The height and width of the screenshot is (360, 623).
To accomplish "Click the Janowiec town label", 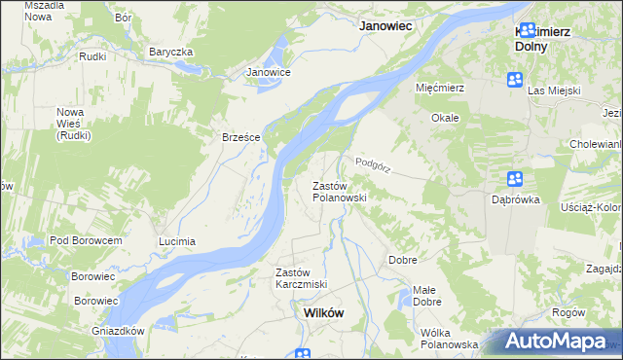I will (x=389, y=27).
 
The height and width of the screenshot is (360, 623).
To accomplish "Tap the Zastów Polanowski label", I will (x=338, y=191).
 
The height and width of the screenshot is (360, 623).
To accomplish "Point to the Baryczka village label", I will (x=171, y=52).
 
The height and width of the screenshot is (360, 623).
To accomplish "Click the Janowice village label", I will (x=269, y=72).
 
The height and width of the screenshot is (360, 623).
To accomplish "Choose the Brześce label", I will (x=240, y=137).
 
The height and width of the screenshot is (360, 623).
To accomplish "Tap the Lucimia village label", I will (x=177, y=240).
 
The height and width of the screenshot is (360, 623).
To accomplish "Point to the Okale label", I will (x=445, y=118).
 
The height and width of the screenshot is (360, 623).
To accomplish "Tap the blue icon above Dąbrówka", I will (x=516, y=179).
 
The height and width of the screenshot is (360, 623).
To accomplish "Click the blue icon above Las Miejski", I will (x=516, y=79).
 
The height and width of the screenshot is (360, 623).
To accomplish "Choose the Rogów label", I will (x=567, y=312).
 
